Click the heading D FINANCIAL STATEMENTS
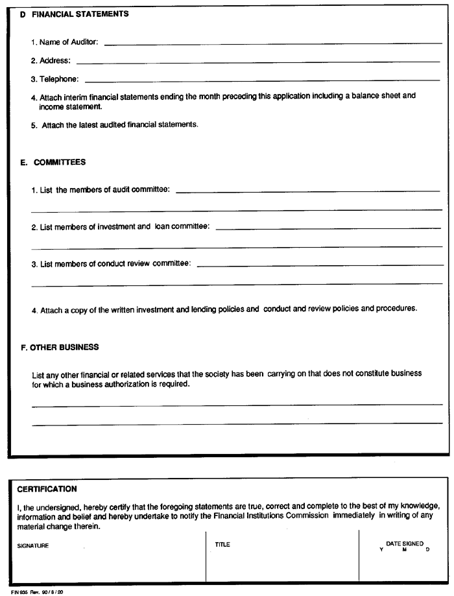click(x=74, y=14)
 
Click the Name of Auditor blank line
click(x=272, y=43)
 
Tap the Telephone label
click(x=54, y=80)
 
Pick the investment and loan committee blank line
click(x=328, y=228)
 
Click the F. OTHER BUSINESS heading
click(x=60, y=347)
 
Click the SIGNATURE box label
click(x=32, y=545)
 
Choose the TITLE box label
click(x=222, y=545)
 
